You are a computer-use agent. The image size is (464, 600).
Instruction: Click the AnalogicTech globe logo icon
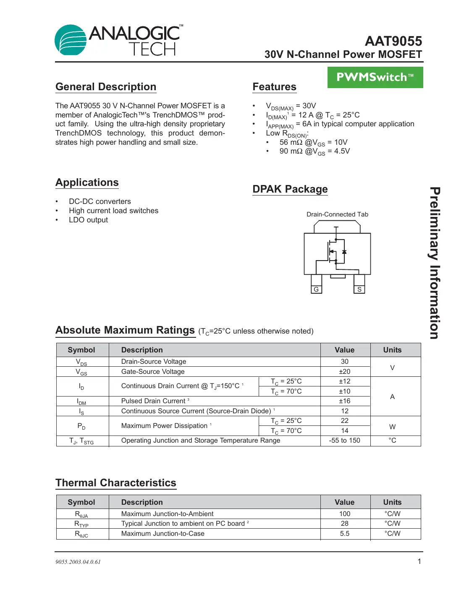click(x=71, y=40)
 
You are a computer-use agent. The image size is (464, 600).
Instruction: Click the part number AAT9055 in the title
click(x=393, y=41)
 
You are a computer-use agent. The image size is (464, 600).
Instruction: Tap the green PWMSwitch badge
click(x=375, y=78)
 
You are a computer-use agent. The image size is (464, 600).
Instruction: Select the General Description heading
click(x=106, y=87)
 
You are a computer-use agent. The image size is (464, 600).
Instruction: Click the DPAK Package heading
click(x=290, y=189)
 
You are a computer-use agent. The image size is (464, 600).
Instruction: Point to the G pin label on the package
click(x=316, y=290)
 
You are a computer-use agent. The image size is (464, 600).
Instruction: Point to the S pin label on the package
click(x=359, y=290)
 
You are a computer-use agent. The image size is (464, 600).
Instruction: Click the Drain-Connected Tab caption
click(x=337, y=214)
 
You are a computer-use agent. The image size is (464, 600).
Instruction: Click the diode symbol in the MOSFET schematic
click(x=344, y=252)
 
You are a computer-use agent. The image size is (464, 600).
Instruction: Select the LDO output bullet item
click(x=88, y=220)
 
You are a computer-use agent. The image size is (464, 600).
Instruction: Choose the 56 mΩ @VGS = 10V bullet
click(x=313, y=142)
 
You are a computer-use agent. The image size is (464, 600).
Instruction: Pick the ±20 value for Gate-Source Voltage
click(x=344, y=372)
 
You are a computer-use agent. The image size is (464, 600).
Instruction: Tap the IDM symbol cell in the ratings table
click(x=81, y=402)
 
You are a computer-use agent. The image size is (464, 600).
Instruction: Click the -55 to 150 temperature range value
click(x=344, y=441)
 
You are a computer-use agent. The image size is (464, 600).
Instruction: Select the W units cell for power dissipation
click(x=392, y=427)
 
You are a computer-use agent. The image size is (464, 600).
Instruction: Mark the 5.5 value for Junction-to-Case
click(x=344, y=534)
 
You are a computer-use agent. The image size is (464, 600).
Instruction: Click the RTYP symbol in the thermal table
click(x=81, y=524)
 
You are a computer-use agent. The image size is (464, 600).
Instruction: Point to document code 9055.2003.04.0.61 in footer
click(x=78, y=562)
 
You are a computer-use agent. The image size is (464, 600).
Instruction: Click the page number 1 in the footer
click(x=419, y=561)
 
